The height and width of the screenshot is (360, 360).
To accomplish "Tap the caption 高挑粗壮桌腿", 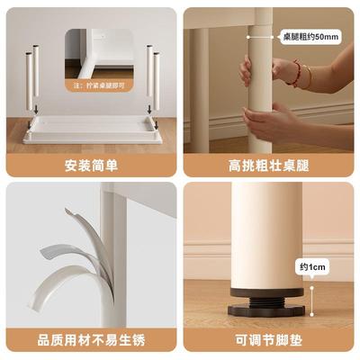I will coord(271,165).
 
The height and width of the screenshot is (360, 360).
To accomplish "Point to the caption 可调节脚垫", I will coord(271,341).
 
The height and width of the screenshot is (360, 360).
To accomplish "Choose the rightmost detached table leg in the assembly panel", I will coord(157,83).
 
